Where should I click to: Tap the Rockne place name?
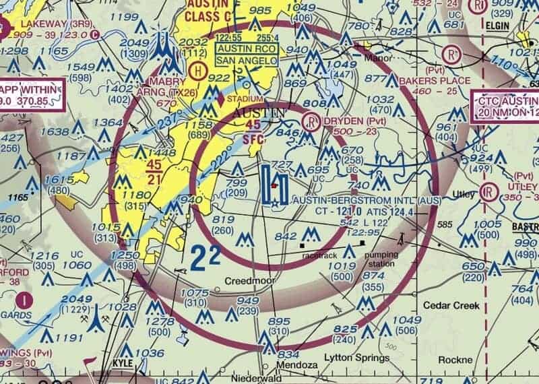tap(455, 360)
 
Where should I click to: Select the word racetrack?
tap(318, 256)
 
